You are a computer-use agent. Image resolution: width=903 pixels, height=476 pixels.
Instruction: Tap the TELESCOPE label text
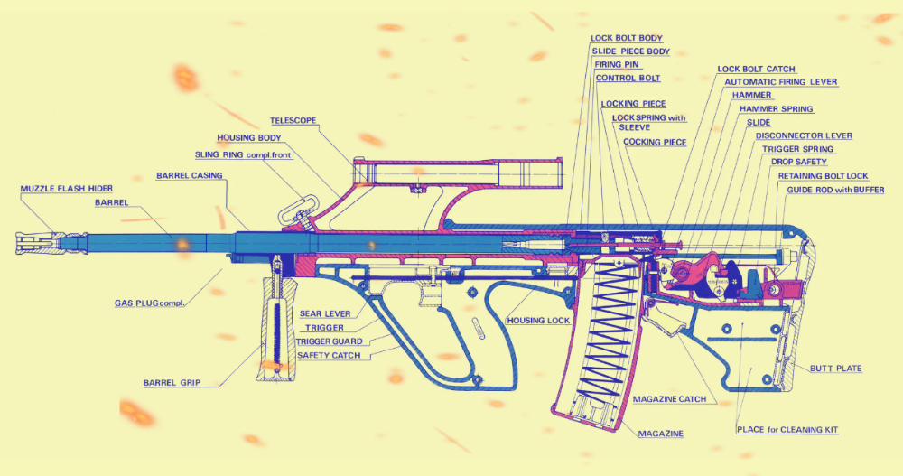pyautogui.click(x=295, y=120)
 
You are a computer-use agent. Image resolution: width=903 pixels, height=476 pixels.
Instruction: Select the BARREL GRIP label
pyautogui.click(x=172, y=383)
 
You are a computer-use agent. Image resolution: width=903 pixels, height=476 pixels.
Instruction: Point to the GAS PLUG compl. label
pyautogui.click(x=149, y=303)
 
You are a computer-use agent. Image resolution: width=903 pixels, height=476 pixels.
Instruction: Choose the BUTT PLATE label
pyautogui.click(x=835, y=369)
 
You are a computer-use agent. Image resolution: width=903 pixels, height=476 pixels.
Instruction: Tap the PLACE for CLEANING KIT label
pyautogui.click(x=787, y=430)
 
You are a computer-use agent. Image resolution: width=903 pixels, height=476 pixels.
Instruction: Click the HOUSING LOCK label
pyautogui.click(x=538, y=321)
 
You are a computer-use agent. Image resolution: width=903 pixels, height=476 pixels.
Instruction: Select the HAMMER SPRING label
pyautogui.click(x=776, y=109)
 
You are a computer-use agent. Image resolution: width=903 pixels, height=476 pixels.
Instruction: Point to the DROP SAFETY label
pyautogui.click(x=798, y=162)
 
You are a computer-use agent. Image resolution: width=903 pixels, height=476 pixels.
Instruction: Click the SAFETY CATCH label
pyautogui.click(x=329, y=355)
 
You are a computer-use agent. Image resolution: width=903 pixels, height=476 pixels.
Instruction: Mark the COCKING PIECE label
pyautogui.click(x=655, y=142)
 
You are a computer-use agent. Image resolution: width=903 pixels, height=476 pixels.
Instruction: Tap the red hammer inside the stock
pyautogui.click(x=696, y=268)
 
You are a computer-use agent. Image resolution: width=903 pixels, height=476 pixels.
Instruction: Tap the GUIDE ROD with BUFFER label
pyautogui.click(x=835, y=190)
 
